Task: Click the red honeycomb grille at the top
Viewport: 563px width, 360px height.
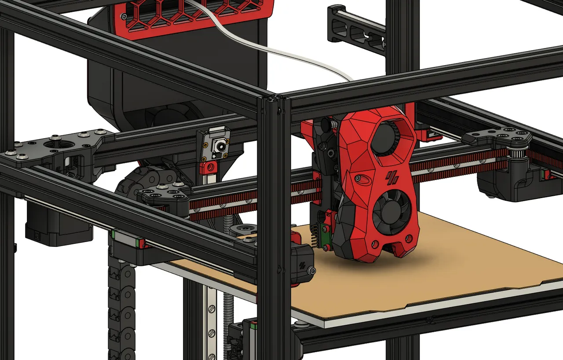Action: click(x=194, y=13)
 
